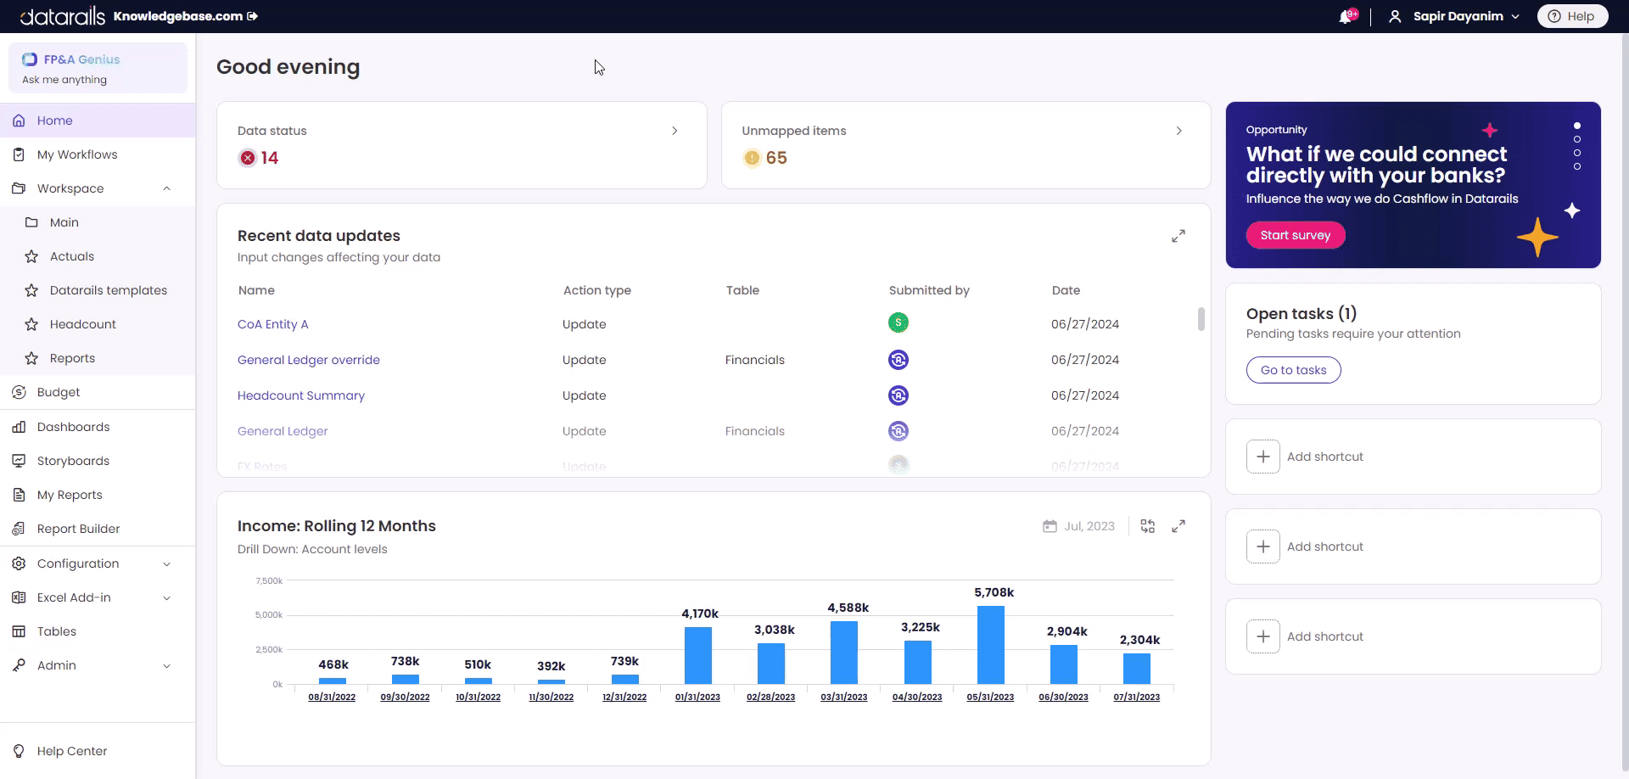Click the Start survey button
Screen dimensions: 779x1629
point(1295,235)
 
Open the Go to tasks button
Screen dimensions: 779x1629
point(1293,370)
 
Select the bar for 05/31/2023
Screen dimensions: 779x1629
point(990,645)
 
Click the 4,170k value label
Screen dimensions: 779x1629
point(699,614)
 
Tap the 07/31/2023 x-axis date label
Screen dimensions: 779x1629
point(1136,697)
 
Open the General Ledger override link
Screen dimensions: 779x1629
point(308,360)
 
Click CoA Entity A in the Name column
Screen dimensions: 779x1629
point(272,324)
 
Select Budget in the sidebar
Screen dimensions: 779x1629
point(58,392)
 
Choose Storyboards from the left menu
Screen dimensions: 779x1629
point(73,461)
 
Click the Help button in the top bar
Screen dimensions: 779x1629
point(1571,16)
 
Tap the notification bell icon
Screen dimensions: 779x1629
point(1346,17)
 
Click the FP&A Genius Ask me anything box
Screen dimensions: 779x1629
point(98,69)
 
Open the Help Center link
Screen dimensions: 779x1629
point(71,751)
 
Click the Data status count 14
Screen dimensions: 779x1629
point(269,158)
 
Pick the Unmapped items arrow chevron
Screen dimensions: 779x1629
point(1178,131)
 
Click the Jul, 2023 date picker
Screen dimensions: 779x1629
point(1079,526)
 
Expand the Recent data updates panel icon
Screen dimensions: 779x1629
point(1178,236)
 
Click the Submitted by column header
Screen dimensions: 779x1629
point(928,290)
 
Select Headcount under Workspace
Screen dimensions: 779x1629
point(82,324)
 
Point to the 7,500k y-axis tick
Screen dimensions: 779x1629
point(269,581)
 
